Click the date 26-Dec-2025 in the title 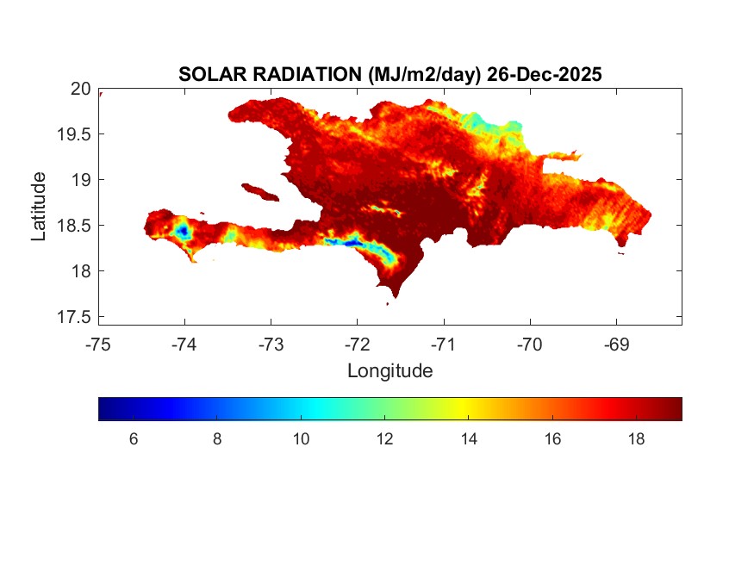(544, 75)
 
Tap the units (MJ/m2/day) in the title (420, 75)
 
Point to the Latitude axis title (39, 206)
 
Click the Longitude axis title (389, 371)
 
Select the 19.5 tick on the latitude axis (74, 134)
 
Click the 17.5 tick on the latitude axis (74, 317)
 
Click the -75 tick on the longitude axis (98, 345)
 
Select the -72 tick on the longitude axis (358, 345)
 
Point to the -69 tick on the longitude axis (616, 345)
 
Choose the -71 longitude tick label (444, 345)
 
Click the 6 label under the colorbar (134, 439)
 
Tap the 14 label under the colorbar (469, 439)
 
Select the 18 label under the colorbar (637, 439)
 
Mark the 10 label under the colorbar (301, 439)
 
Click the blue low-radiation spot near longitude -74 (183, 230)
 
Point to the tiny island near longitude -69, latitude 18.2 (620, 253)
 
